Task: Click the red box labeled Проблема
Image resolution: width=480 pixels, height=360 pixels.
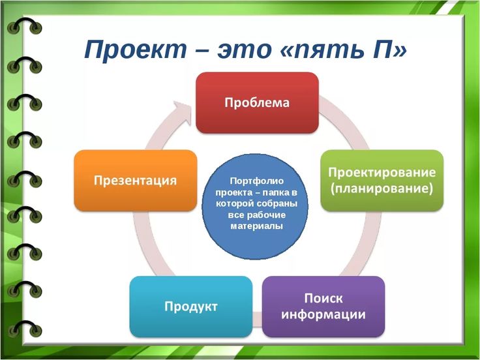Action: pos(258,102)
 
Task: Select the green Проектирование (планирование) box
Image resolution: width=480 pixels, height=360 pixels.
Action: pos(382,180)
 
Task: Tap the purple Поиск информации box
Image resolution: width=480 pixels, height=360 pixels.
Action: pos(323,306)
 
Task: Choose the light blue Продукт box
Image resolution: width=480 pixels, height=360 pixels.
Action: pos(190,306)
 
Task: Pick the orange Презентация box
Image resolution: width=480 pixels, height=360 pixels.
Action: pos(135,180)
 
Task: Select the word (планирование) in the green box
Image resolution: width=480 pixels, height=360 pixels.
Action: pos(382,189)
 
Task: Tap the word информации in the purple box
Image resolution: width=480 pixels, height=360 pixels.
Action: pos(323,314)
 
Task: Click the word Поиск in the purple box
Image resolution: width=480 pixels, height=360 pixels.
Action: pos(323,298)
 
